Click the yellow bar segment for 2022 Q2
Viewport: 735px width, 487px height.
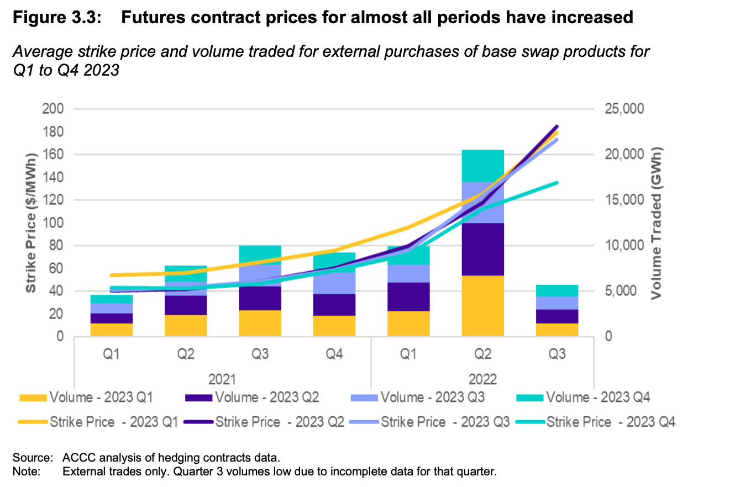[483, 305]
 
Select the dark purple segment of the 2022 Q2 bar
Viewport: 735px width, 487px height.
[483, 249]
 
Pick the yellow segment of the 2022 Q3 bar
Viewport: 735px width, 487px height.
[557, 330]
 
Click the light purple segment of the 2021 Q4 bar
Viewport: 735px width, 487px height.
[334, 283]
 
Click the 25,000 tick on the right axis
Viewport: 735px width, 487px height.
[622, 109]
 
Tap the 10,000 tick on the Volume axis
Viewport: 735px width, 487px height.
[622, 246]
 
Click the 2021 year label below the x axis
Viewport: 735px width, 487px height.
[223, 379]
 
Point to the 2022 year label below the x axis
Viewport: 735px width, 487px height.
[483, 379]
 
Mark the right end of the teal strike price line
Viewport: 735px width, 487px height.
[557, 182]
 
